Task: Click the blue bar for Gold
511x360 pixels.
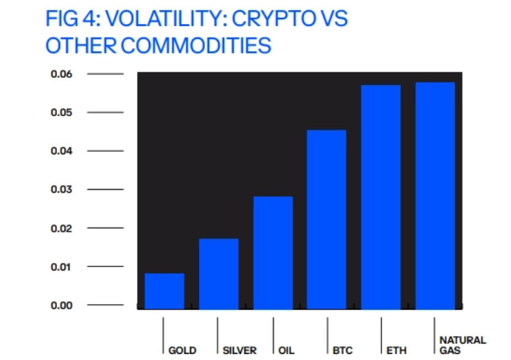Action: pos(164,291)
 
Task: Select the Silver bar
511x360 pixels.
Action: pos(219,274)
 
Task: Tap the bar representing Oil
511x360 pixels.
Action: pos(273,253)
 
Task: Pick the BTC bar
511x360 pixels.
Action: pos(327,219)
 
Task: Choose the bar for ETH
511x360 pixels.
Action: pos(381,197)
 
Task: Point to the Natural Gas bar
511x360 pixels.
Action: pos(435,195)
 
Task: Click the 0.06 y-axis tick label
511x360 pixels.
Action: pos(61,74)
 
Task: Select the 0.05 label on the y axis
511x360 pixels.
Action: pos(61,113)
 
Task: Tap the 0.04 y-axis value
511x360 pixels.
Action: pos(61,151)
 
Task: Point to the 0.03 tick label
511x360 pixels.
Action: pos(61,189)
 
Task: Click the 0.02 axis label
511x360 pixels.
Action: pos(61,228)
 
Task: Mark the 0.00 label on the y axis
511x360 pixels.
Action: pos(61,305)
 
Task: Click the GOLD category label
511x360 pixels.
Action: pos(182,350)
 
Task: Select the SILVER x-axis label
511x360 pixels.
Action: pos(240,350)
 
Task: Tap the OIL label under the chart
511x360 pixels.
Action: pos(286,350)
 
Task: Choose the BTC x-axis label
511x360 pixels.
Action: pos(342,350)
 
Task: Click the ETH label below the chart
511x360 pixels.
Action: pos(396,350)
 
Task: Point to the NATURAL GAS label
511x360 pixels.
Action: pos(462,346)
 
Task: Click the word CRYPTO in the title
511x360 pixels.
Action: pos(274,18)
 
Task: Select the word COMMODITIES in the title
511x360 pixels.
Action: pos(196,45)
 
